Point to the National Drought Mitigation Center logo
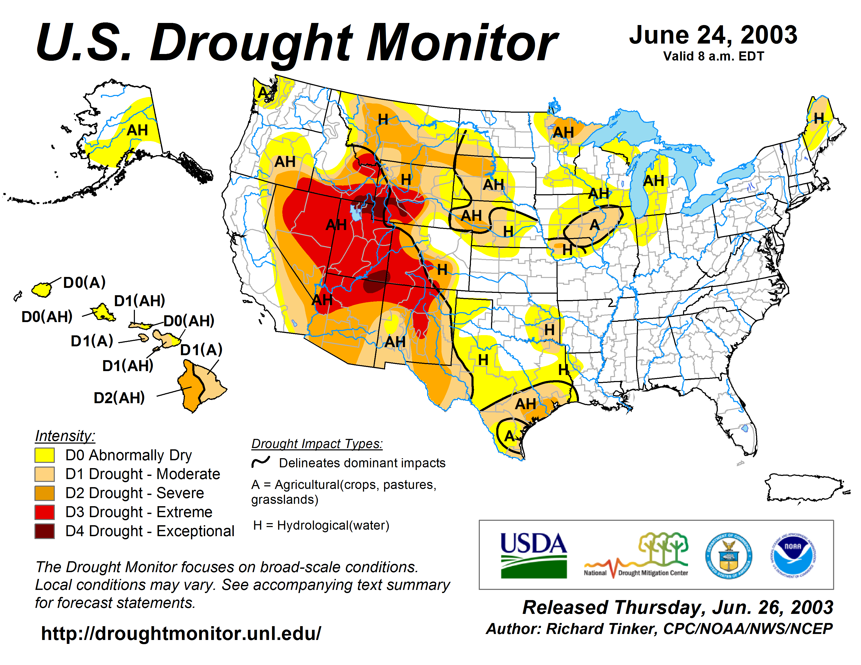tap(636, 555)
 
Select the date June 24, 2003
tap(713, 35)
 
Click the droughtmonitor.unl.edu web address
tap(181, 633)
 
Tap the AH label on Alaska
tap(137, 130)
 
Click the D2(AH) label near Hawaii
tap(119, 398)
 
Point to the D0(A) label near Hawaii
tap(84, 282)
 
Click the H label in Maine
tap(819, 118)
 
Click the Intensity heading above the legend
tap(65, 436)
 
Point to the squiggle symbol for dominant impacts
tap(261, 462)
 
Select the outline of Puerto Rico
tap(804, 488)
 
